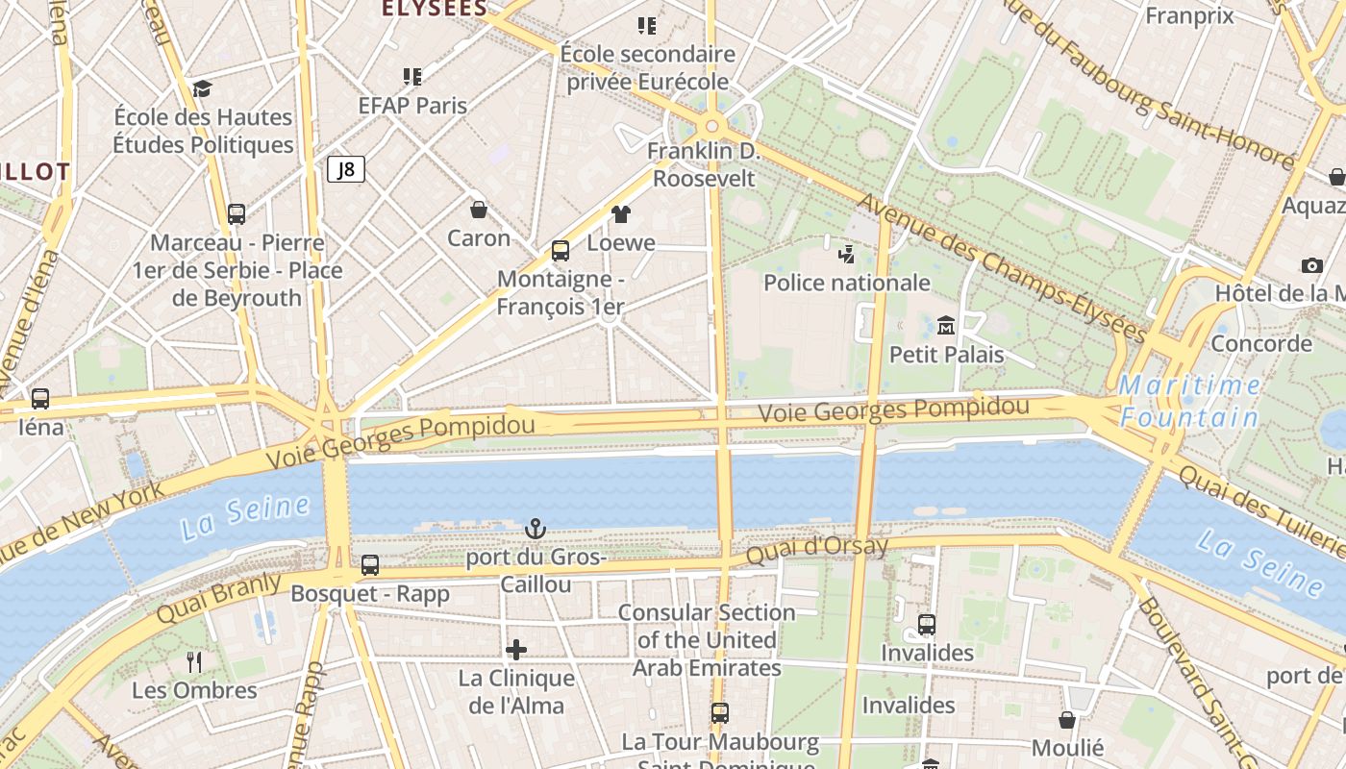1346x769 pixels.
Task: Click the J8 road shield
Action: (x=346, y=170)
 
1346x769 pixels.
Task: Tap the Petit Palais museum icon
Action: (x=946, y=325)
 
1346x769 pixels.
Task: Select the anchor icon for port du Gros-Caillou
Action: (x=535, y=528)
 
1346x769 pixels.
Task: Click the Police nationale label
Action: (x=847, y=283)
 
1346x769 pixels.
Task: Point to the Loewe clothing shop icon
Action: (x=621, y=214)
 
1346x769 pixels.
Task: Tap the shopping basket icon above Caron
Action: (x=478, y=209)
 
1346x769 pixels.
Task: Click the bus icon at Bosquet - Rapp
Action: (x=370, y=565)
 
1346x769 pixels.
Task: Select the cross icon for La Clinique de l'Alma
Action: (x=516, y=650)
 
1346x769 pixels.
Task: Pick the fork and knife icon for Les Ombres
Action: (x=194, y=661)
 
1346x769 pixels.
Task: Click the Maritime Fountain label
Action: (x=1190, y=402)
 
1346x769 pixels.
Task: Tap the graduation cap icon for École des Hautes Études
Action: (x=202, y=88)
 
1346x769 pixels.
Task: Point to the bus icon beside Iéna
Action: (x=40, y=398)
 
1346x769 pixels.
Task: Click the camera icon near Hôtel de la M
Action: (x=1311, y=265)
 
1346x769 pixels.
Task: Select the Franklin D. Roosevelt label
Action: (x=704, y=165)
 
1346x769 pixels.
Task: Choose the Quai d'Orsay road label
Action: (x=817, y=550)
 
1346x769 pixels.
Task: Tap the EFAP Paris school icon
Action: (x=412, y=76)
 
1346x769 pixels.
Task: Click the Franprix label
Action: (x=1190, y=15)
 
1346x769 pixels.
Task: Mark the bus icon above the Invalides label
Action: (x=927, y=625)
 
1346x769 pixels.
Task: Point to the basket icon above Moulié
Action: (x=1067, y=720)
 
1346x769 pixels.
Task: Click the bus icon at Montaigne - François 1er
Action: (x=561, y=251)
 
